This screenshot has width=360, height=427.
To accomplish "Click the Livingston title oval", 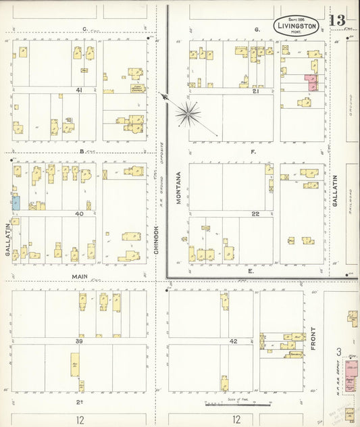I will pyautogui.click(x=297, y=25).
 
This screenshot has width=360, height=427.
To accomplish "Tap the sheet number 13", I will pyautogui.click(x=338, y=20).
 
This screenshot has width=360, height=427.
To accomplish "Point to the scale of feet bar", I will pyautogui.click(x=238, y=405).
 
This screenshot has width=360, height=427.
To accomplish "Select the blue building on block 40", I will pyautogui.click(x=15, y=202).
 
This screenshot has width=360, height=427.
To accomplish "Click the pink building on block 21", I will pyautogui.click(x=312, y=82).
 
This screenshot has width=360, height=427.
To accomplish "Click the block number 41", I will pyautogui.click(x=78, y=90).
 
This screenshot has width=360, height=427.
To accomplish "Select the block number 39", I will pyautogui.click(x=78, y=341).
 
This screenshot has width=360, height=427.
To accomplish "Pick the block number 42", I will pyautogui.click(x=233, y=341).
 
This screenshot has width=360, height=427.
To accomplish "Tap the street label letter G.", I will pyautogui.click(x=257, y=30).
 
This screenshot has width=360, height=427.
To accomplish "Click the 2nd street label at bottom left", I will pyautogui.click(x=78, y=402).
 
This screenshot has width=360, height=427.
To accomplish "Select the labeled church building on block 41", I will pyautogui.click(x=137, y=87).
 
